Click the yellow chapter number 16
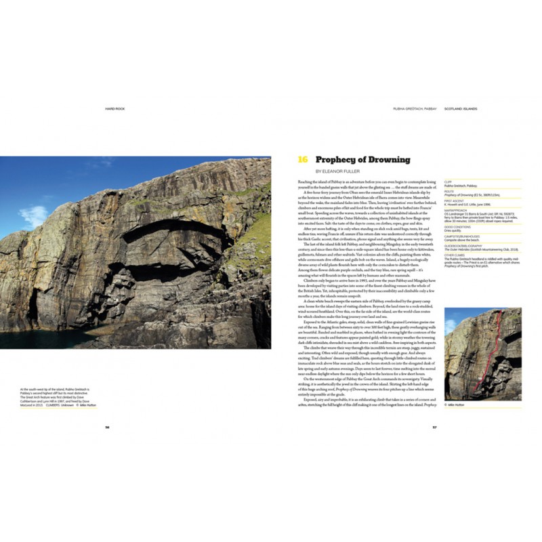click(x=303, y=160)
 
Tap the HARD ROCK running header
click(x=115, y=108)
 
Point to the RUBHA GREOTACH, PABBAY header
click(x=415, y=108)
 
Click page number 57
click(x=434, y=427)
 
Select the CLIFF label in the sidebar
click(x=448, y=181)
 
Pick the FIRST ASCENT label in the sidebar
click(x=454, y=200)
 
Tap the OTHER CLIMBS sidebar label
click(x=455, y=255)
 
